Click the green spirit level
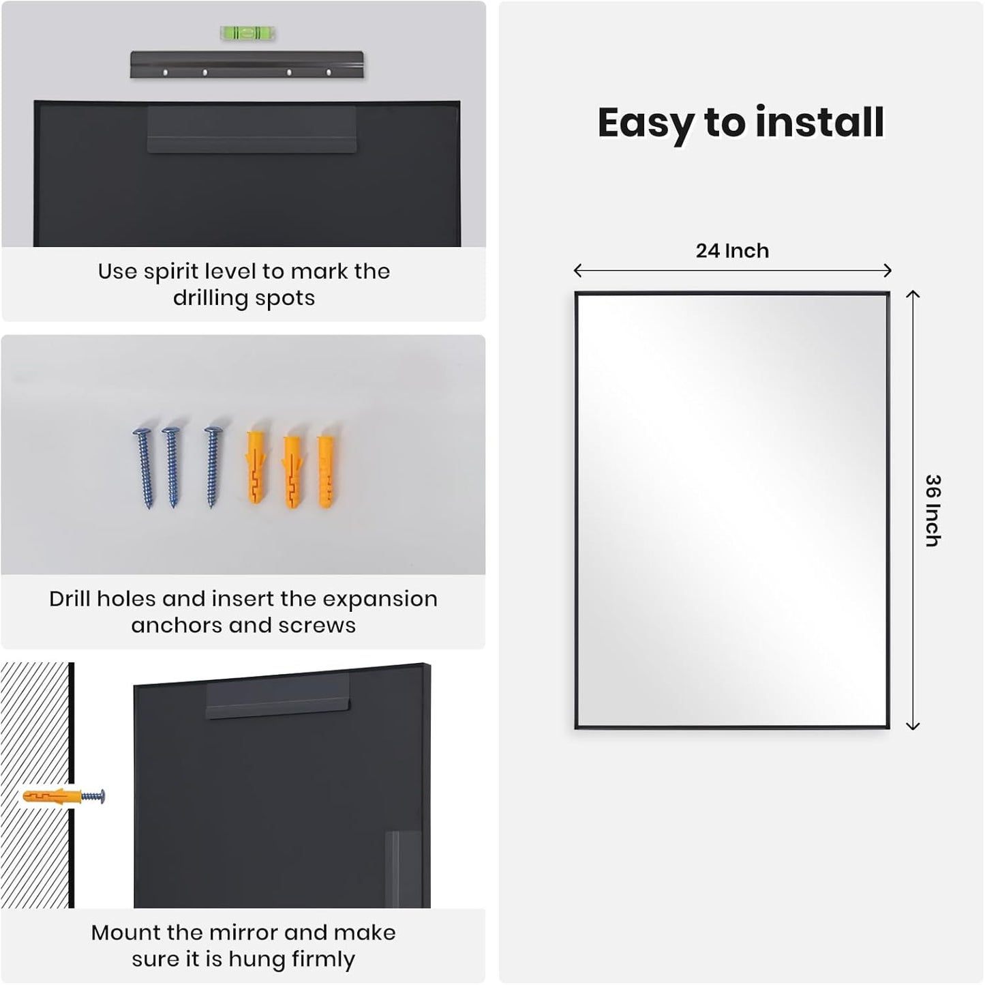247,33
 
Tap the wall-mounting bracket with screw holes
247,65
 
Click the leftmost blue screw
145,467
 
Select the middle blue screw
172,467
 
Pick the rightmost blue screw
213,467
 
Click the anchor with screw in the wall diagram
64,796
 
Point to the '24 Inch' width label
732,251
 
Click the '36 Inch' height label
933,510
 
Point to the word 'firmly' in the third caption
322,960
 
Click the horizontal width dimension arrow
732,271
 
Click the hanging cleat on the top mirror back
252,130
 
